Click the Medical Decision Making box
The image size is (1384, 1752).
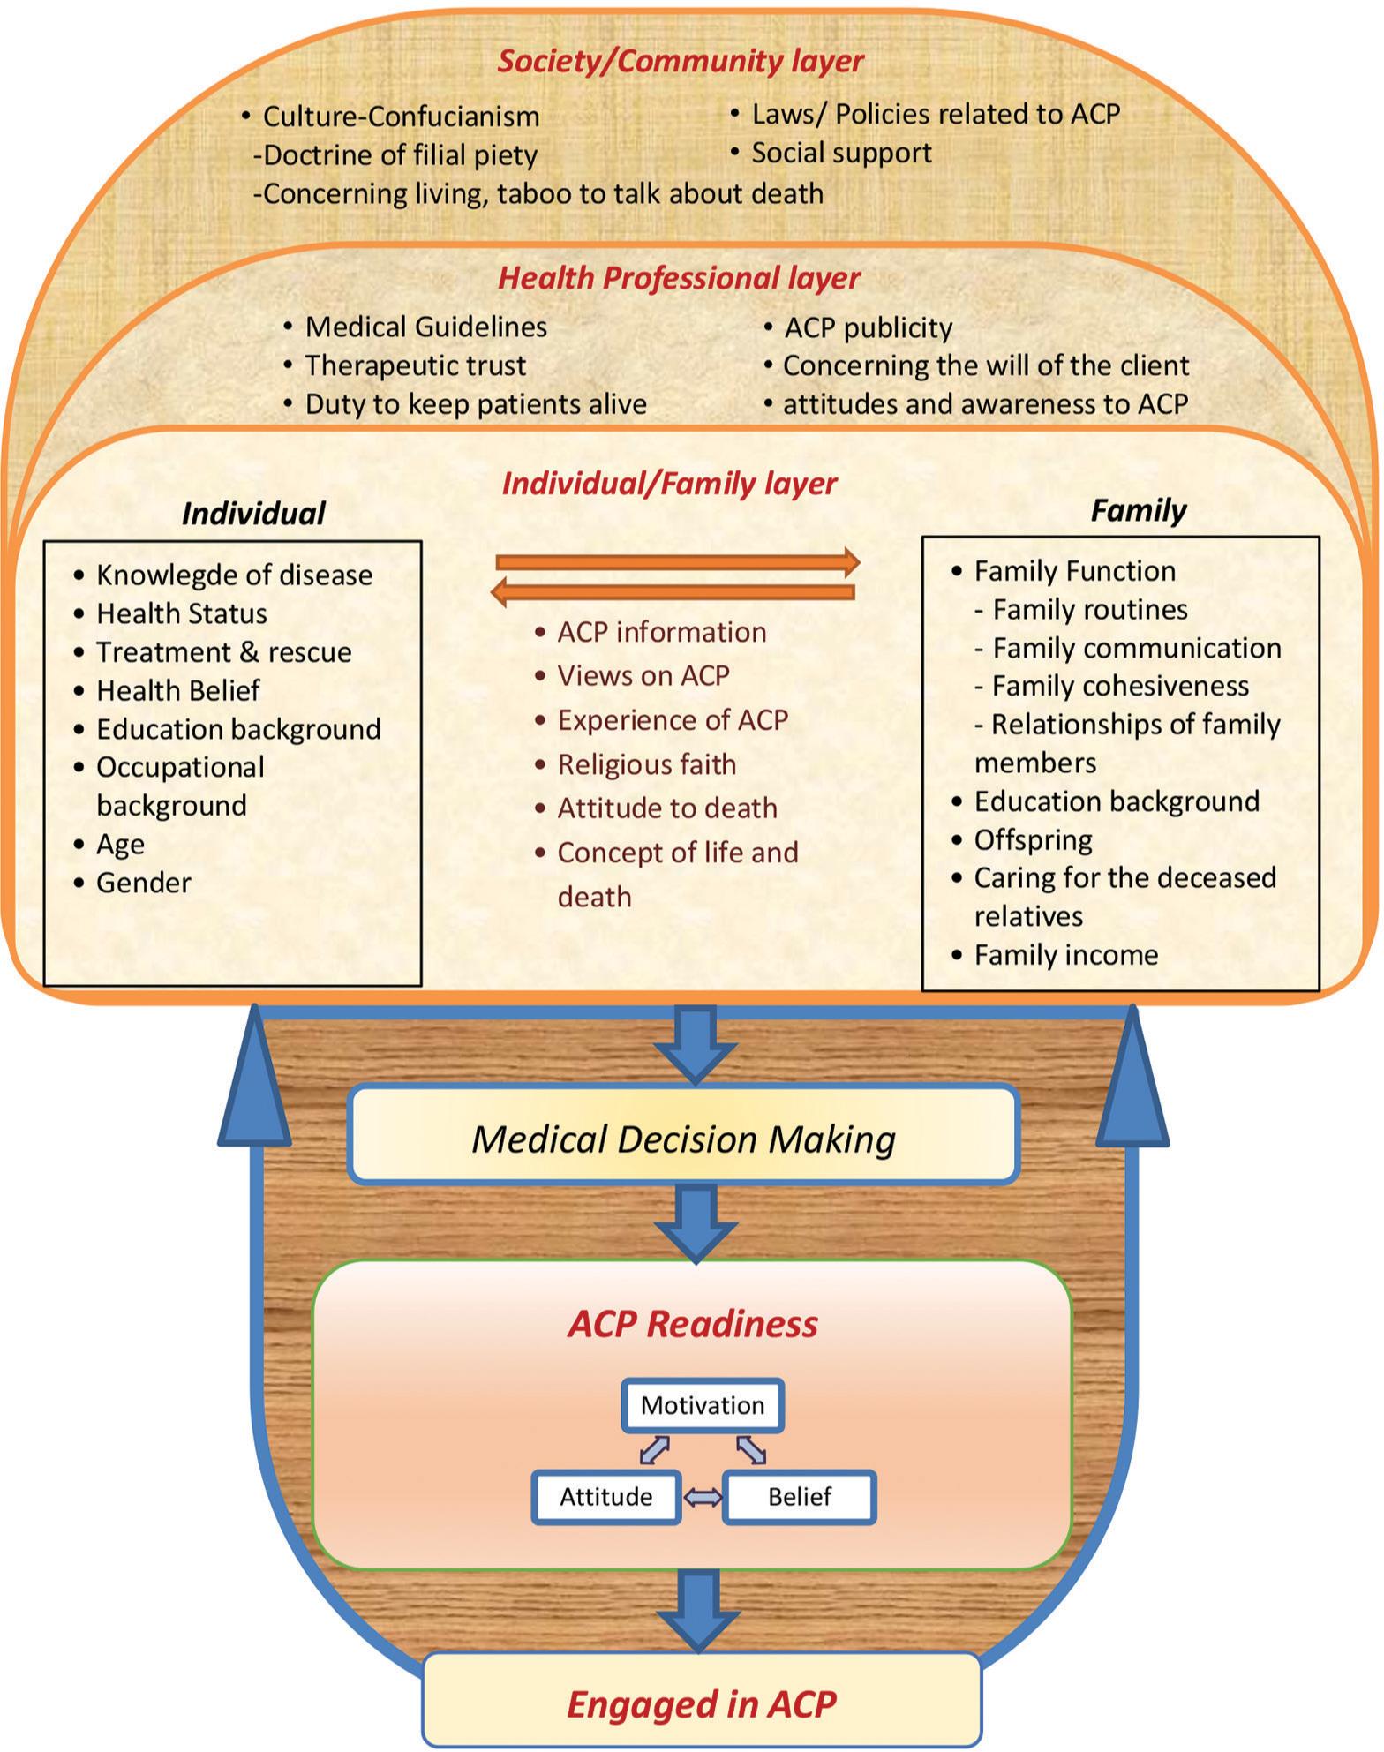tap(684, 1134)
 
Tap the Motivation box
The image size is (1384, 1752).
tap(703, 1405)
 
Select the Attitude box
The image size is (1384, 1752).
tap(606, 1497)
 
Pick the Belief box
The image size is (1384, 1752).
tap(800, 1497)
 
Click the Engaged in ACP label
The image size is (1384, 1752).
tap(702, 1703)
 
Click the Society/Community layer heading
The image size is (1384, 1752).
tap(681, 61)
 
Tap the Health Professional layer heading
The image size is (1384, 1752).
tap(679, 278)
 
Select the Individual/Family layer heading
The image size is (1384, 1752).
tap(669, 484)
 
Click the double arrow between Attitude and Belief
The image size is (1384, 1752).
tap(703, 1497)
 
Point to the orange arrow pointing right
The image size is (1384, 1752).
tap(678, 562)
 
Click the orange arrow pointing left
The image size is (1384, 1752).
tap(673, 592)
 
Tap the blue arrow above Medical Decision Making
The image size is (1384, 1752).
tap(696, 1046)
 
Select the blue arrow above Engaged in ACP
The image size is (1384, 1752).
tap(699, 1612)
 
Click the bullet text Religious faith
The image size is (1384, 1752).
tap(647, 764)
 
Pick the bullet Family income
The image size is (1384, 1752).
tap(1066, 955)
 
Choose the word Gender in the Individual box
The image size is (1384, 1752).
tap(144, 883)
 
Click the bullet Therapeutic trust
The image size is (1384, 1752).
tap(415, 365)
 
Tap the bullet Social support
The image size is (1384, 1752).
tap(841, 153)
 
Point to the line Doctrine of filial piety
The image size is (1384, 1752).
tap(395, 155)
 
